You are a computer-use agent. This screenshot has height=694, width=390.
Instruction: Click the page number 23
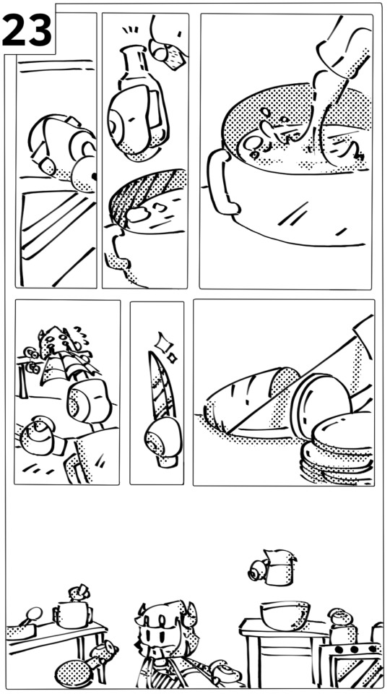click(x=27, y=30)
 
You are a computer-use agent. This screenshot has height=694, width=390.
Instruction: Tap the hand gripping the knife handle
click(x=163, y=440)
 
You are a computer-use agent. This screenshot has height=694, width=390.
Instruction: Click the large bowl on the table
click(x=285, y=614)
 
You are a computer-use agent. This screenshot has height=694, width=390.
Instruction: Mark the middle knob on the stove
click(x=352, y=649)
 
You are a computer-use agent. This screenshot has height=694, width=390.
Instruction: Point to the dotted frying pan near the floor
click(x=74, y=674)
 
